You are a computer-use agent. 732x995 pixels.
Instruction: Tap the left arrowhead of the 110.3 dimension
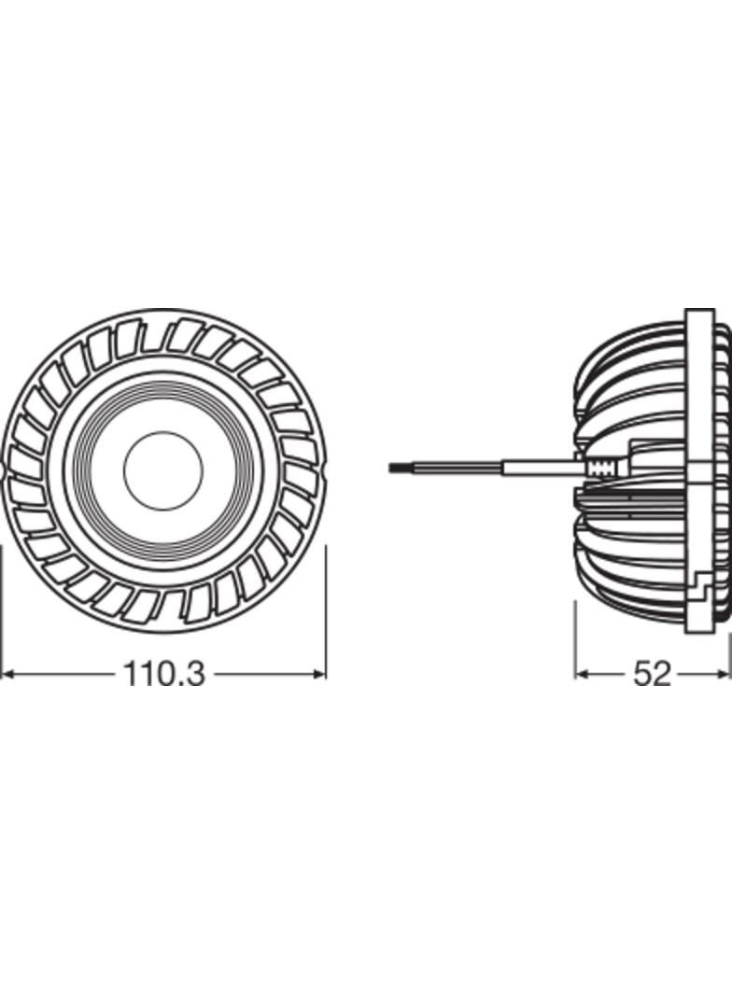tap(7, 673)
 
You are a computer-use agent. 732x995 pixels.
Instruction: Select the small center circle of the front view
tap(163, 470)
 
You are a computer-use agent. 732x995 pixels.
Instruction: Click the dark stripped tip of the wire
tap(401, 467)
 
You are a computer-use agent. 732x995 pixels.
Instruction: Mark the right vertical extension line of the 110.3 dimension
tap(326, 607)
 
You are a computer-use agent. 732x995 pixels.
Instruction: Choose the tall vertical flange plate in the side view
tap(699, 471)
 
